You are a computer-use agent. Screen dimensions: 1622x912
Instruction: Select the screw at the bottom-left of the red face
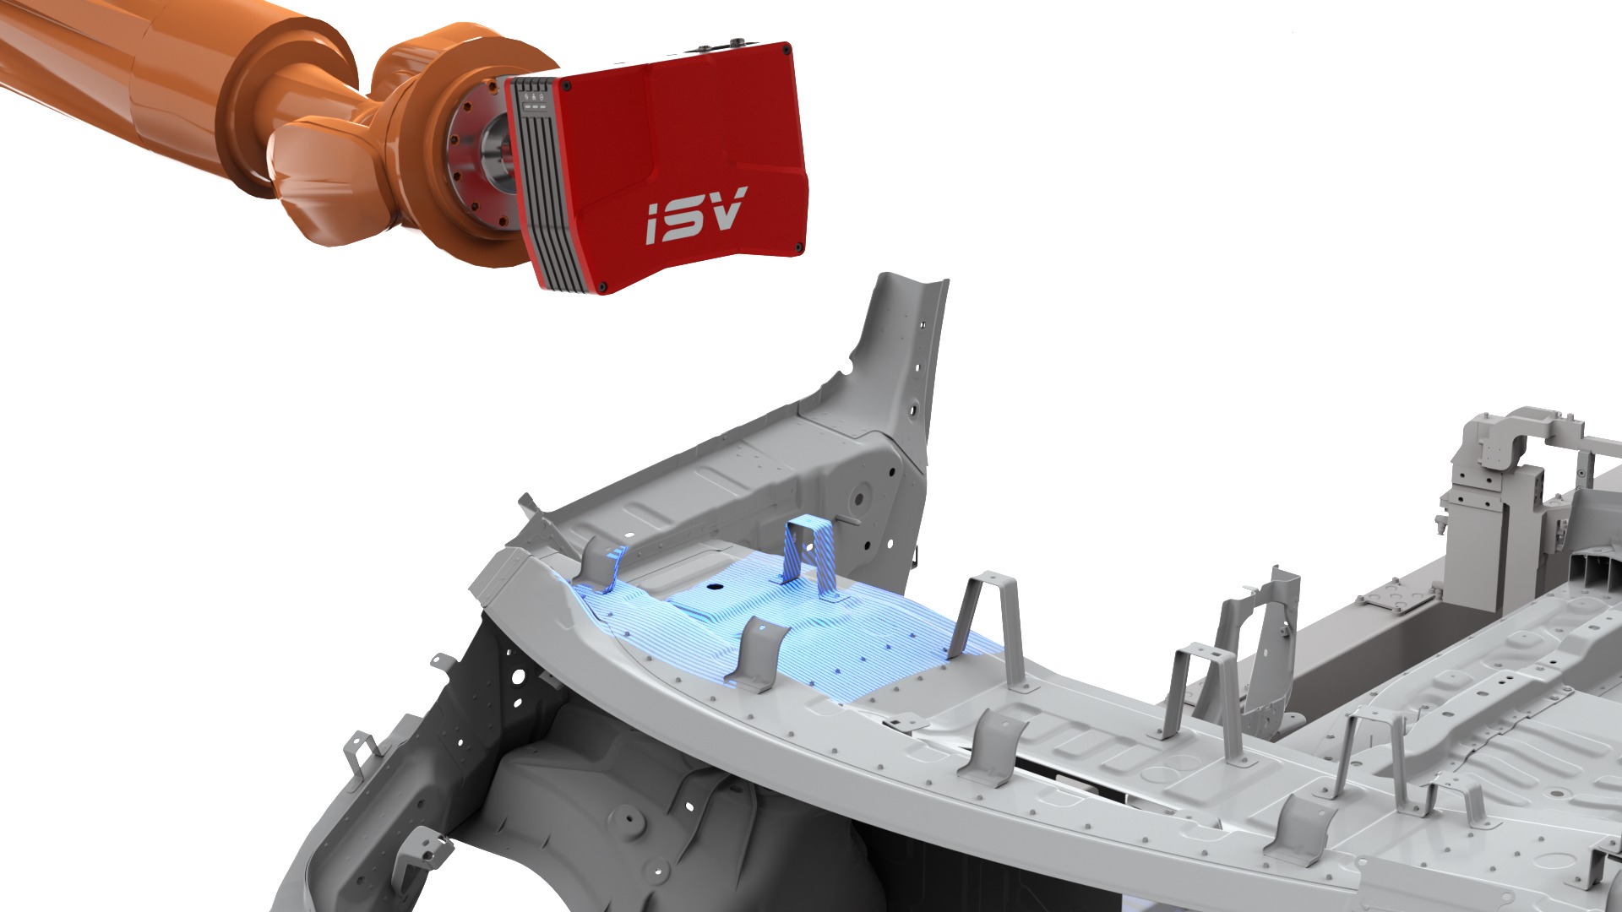coord(601,288)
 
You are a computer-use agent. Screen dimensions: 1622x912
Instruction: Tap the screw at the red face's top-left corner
coord(561,84)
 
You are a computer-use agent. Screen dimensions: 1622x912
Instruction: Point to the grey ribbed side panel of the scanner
coord(534,181)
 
